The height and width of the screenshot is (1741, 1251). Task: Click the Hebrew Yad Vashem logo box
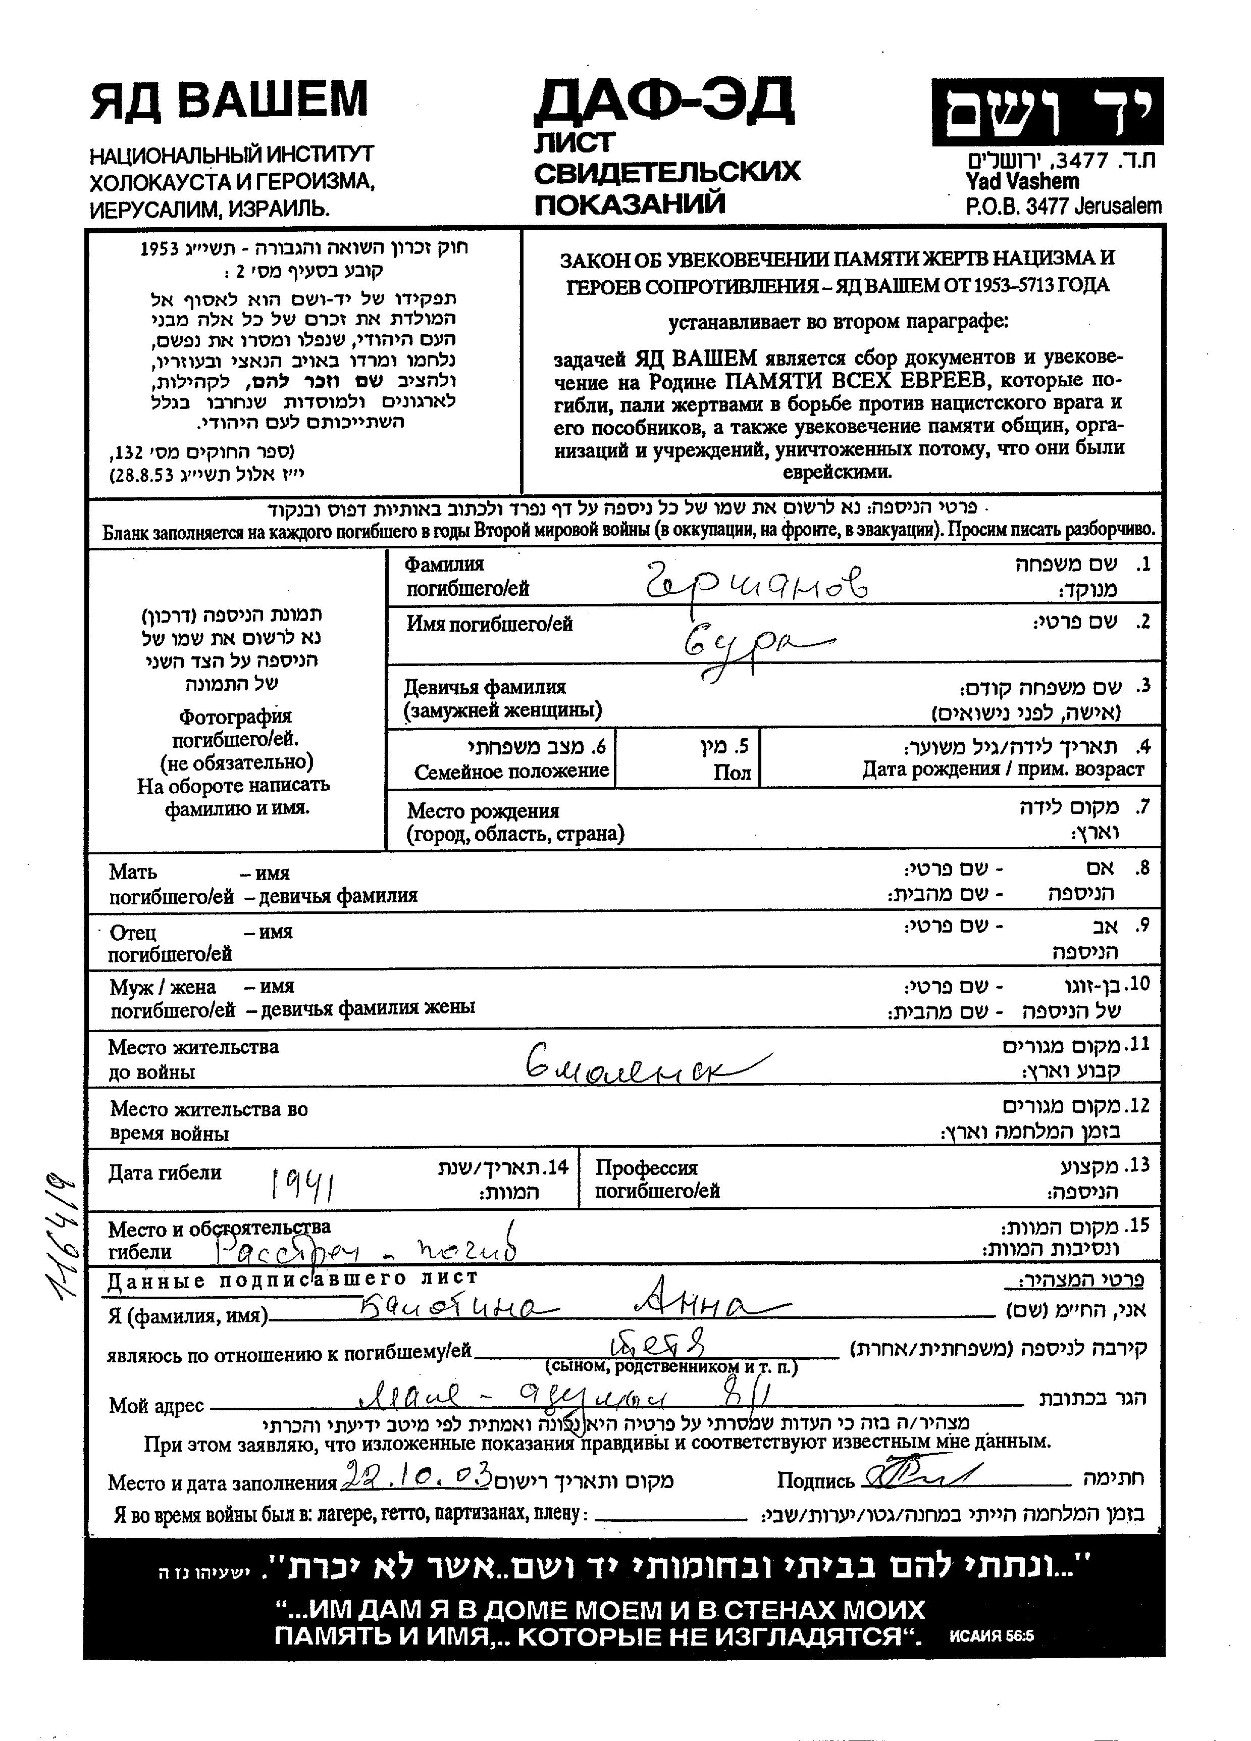pos(1047,112)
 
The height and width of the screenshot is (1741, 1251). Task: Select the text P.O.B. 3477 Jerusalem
pos(1063,206)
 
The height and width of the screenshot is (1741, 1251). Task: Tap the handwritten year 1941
pos(301,1185)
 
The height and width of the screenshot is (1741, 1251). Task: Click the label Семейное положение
pos(511,771)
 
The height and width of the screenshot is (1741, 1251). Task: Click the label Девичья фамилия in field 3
pos(485,687)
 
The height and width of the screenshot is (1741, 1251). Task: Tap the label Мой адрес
pos(156,1406)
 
